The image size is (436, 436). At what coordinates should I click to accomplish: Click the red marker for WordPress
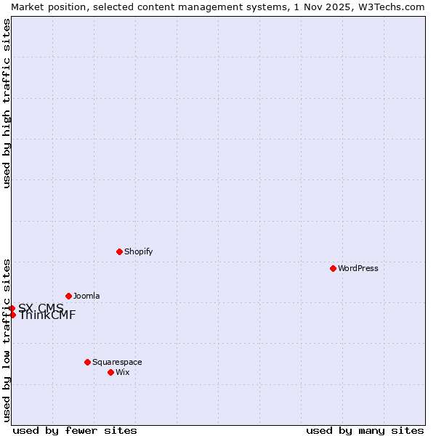[x=333, y=268]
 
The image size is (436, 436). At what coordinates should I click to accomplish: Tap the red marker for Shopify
[x=119, y=251]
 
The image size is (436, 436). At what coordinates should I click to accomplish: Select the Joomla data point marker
[x=68, y=296]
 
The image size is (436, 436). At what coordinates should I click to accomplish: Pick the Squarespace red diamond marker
[x=87, y=362]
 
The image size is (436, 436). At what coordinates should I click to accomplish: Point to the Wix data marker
[x=110, y=372]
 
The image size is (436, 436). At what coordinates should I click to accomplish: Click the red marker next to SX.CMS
[x=12, y=308]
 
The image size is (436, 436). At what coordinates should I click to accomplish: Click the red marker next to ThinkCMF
[x=12, y=315]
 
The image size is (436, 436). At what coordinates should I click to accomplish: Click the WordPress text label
[x=358, y=268]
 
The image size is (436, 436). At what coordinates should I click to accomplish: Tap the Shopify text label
[x=138, y=251]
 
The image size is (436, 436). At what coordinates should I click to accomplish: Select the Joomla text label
[x=86, y=296]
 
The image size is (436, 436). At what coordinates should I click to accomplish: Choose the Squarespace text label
[x=117, y=362]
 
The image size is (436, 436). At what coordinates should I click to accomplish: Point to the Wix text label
[x=122, y=372]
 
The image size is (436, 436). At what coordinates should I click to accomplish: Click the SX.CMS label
[x=41, y=308]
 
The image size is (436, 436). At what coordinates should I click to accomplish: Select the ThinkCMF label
[x=47, y=315]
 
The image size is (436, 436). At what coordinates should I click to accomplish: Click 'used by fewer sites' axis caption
[x=75, y=430]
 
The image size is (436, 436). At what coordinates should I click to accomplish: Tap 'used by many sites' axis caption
[x=365, y=430]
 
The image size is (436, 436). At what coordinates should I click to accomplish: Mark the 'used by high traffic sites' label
[x=7, y=103]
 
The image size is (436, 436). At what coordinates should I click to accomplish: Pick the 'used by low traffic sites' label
[x=7, y=340]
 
